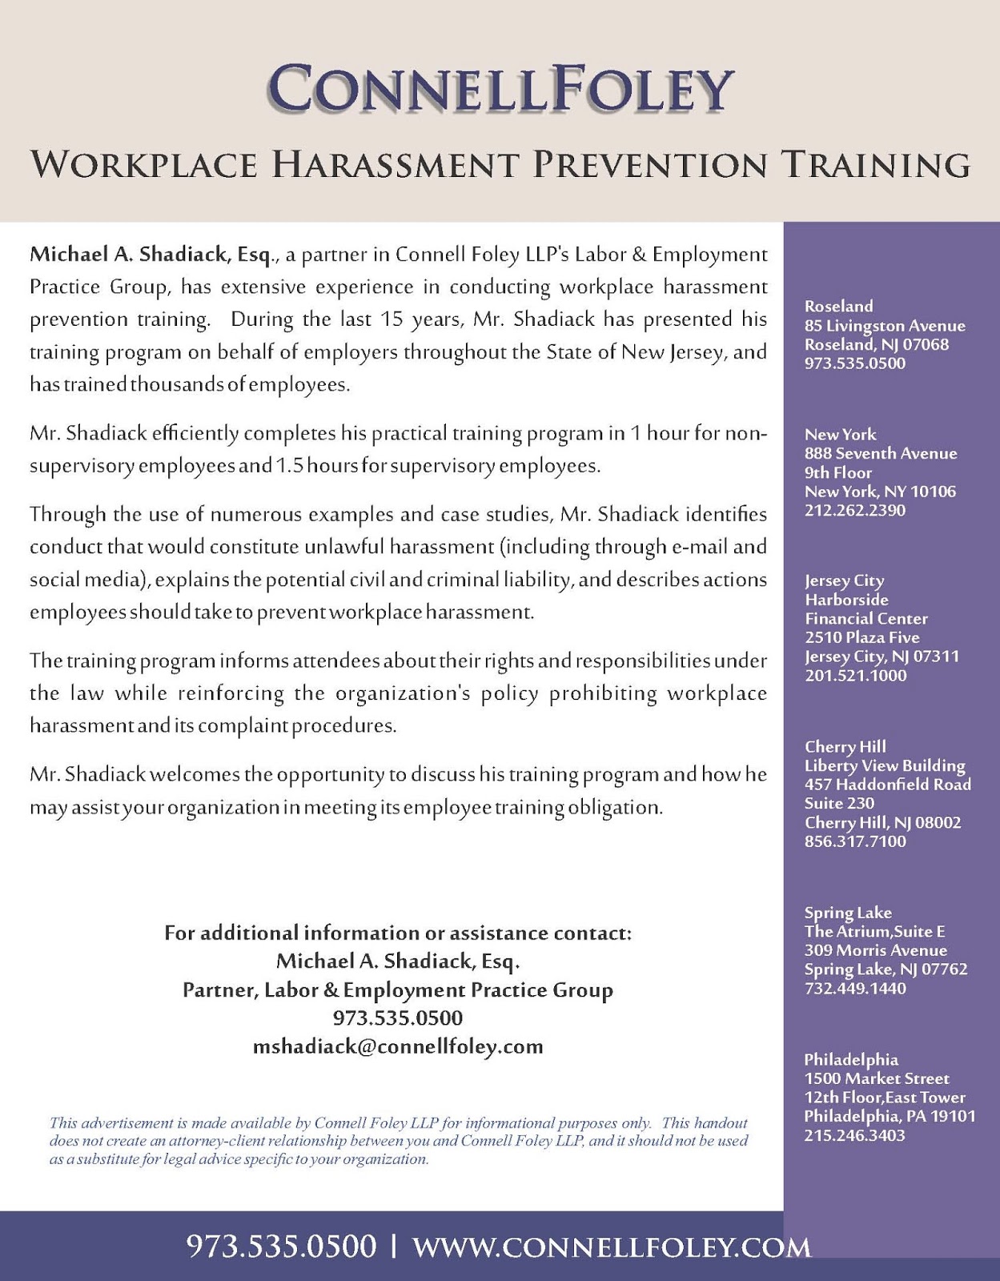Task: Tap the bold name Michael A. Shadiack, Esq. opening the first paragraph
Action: click(155, 255)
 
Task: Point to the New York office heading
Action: click(840, 435)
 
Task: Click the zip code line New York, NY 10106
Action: click(880, 492)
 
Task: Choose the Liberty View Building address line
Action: click(885, 766)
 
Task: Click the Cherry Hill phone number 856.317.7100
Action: click(855, 841)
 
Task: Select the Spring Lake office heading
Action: click(848, 913)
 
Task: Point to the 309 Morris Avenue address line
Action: click(875, 950)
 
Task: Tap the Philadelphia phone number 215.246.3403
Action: click(855, 1135)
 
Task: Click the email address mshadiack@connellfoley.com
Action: click(398, 1046)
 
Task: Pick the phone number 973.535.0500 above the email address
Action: click(398, 1018)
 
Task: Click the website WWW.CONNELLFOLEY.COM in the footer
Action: click(612, 1247)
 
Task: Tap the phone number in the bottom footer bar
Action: click(281, 1247)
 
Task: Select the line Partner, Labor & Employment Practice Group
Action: click(398, 990)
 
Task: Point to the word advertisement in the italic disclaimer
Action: click(132, 1123)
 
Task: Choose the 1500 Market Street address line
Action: click(877, 1078)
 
